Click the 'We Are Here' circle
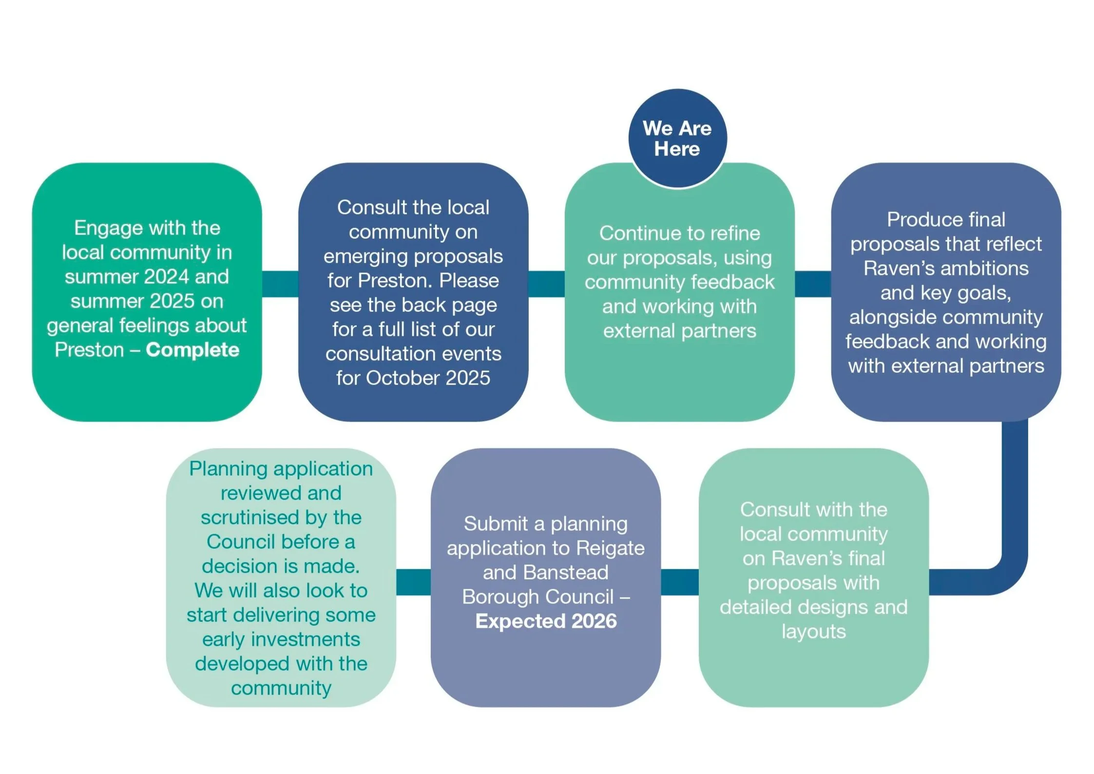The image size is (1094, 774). [x=677, y=138]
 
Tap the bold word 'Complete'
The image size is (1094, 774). [x=192, y=349]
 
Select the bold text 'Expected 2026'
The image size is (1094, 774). [x=546, y=621]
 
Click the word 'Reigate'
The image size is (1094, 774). [x=610, y=548]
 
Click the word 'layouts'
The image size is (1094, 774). [x=813, y=632]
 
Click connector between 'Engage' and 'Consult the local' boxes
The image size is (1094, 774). [x=280, y=284]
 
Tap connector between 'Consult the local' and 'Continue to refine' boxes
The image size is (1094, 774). [x=546, y=284]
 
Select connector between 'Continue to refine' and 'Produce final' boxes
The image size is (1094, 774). [x=813, y=284]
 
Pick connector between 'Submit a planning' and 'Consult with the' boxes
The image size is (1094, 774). [x=679, y=582]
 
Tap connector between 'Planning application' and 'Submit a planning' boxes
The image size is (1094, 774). [x=413, y=582]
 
